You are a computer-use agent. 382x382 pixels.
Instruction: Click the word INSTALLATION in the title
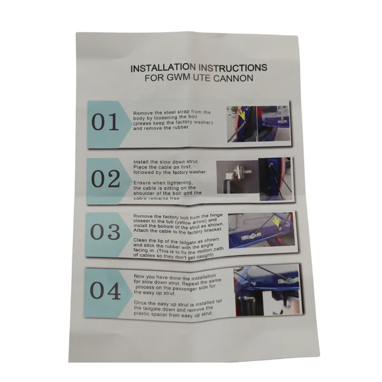coord(163,68)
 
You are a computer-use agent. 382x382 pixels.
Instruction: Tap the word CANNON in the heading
coord(233,78)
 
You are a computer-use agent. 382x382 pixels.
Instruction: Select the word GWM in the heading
coord(178,77)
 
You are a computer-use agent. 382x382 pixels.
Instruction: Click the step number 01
coord(105,122)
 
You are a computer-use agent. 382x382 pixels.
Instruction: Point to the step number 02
coord(106,179)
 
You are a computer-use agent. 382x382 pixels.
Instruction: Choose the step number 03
coord(105,232)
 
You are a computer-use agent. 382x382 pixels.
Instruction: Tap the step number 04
coord(105,291)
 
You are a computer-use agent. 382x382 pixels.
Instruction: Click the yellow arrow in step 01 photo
coord(242,115)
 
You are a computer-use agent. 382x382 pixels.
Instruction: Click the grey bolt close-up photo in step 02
coord(237,177)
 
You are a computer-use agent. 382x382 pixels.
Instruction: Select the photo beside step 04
coord(267,291)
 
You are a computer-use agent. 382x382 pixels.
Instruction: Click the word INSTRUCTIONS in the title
coord(233,67)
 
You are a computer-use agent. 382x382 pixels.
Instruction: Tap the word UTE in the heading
coord(202,78)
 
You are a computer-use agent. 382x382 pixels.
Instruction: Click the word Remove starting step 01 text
coord(143,113)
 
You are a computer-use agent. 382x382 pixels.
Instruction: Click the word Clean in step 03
coord(140,241)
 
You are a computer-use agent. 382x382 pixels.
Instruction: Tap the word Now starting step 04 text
coord(139,276)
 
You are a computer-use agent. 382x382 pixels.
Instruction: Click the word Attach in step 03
coord(140,231)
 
